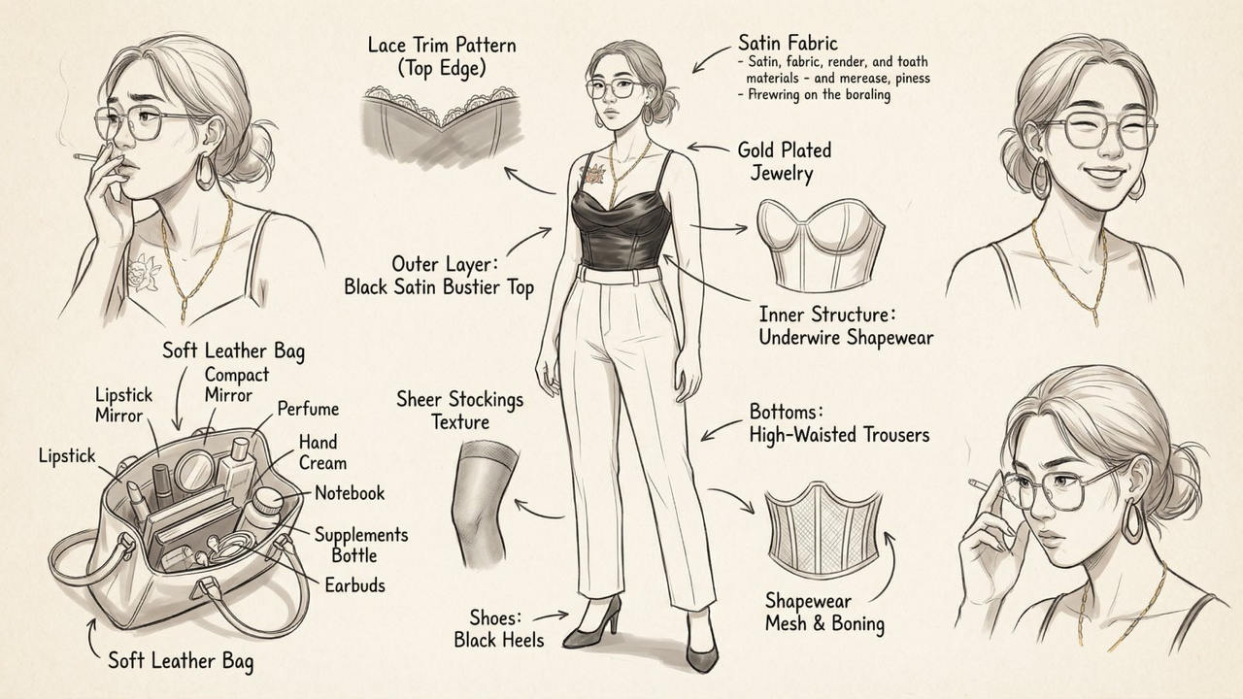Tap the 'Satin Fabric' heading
pyautogui.click(x=787, y=43)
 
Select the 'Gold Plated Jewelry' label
pyautogui.click(x=784, y=162)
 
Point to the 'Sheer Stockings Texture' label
pyautogui.click(x=459, y=411)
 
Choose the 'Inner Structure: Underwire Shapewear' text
pyautogui.click(x=845, y=326)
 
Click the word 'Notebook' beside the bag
pyautogui.click(x=349, y=493)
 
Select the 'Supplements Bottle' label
pyautogui.click(x=360, y=545)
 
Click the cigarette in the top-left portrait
pyautogui.click(x=87, y=156)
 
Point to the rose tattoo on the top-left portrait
pyautogui.click(x=145, y=269)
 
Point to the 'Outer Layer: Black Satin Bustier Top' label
pyautogui.click(x=438, y=276)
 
